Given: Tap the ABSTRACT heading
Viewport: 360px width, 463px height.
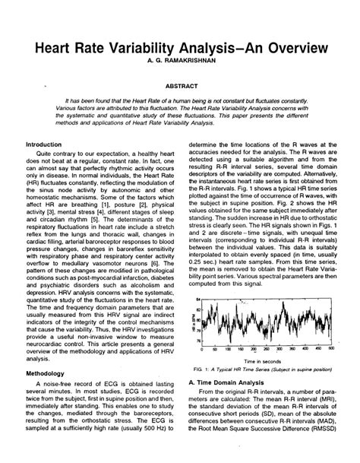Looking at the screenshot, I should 180,87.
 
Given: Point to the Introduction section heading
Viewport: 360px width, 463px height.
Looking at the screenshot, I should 44,144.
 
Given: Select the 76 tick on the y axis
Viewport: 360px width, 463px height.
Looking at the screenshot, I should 199,341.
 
